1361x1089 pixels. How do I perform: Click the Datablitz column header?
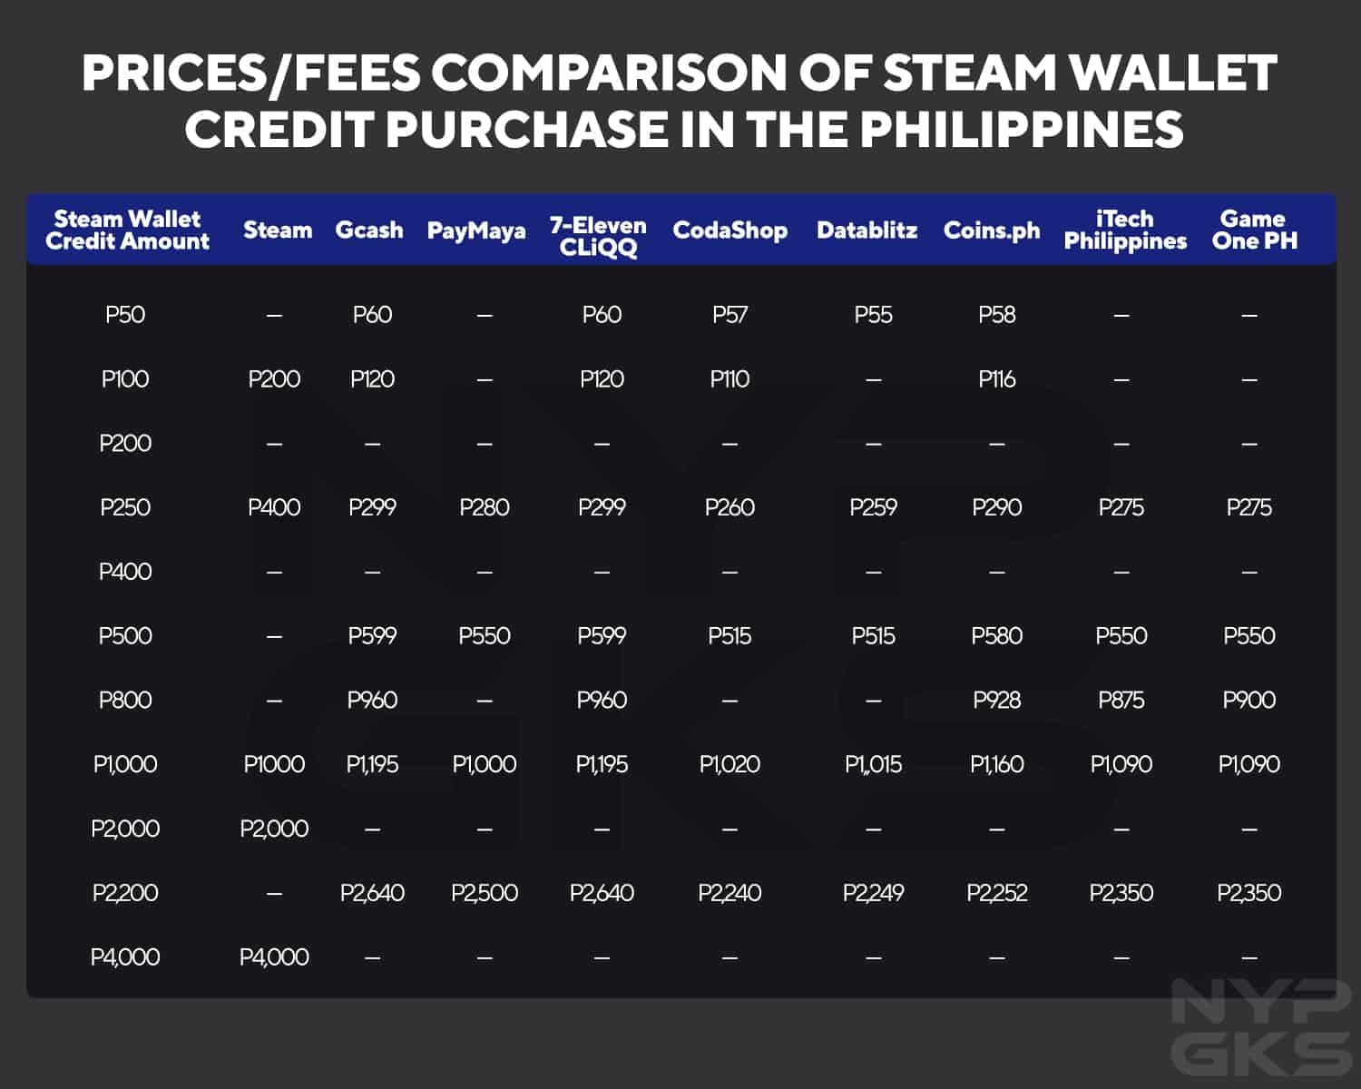point(867,231)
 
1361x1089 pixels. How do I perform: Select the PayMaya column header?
point(476,231)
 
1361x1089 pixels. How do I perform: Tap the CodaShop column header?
point(729,231)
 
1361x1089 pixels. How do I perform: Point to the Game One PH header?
point(1254,231)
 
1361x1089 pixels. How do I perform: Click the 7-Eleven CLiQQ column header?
point(598,236)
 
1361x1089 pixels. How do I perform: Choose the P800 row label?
point(125,700)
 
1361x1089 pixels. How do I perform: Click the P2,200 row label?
point(125,893)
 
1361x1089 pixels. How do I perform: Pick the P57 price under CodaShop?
point(729,315)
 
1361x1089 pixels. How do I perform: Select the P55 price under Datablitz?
point(873,315)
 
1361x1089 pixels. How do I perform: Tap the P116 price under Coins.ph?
point(996,379)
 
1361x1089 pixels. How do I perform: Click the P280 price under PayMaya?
point(485,507)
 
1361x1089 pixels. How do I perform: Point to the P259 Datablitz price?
point(873,507)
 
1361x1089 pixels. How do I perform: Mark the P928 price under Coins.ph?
point(996,700)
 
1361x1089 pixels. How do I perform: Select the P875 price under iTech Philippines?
point(1121,700)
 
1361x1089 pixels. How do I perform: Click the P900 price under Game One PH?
point(1249,700)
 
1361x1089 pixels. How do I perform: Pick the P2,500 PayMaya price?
point(485,893)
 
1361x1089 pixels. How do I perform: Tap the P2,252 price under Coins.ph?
point(996,893)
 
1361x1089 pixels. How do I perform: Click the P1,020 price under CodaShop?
point(729,764)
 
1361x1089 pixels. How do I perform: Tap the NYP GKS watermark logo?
point(1260,1027)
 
